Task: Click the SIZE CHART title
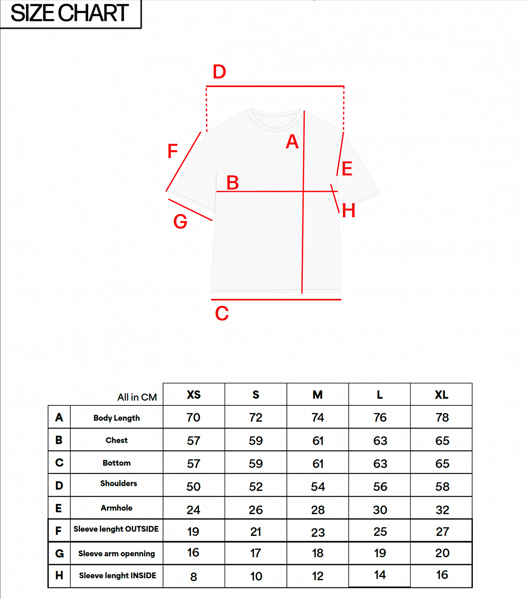coord(69,13)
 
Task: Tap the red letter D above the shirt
coord(220,72)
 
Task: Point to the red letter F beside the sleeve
coord(173,151)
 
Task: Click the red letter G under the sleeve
coord(180,222)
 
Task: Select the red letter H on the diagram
coord(348,211)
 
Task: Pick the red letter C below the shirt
coord(222,314)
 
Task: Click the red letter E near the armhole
coord(347,169)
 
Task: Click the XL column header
coord(441,395)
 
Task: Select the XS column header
coord(194,395)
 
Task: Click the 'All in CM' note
coord(137,397)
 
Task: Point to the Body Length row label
coord(116,418)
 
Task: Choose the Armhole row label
coord(116,508)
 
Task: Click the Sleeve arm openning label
coord(116,553)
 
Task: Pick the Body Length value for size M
coord(318,417)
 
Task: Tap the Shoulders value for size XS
coord(194,487)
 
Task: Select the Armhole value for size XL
coord(442,510)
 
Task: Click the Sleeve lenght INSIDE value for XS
coord(194,577)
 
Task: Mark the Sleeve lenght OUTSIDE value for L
coord(380,532)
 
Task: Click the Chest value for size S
coord(256,441)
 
